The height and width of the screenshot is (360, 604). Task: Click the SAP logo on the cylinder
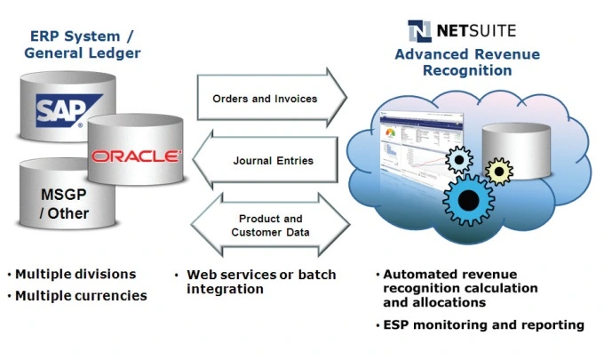59,112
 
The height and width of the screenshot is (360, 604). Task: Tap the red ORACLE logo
135,156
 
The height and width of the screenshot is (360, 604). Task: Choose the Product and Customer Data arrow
271,225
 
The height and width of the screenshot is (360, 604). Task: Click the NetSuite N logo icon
420,31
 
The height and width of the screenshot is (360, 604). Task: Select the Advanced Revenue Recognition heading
467,62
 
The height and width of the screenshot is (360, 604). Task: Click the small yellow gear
499,171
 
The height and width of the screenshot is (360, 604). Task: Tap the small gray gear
458,160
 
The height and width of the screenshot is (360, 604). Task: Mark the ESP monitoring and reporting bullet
480,325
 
